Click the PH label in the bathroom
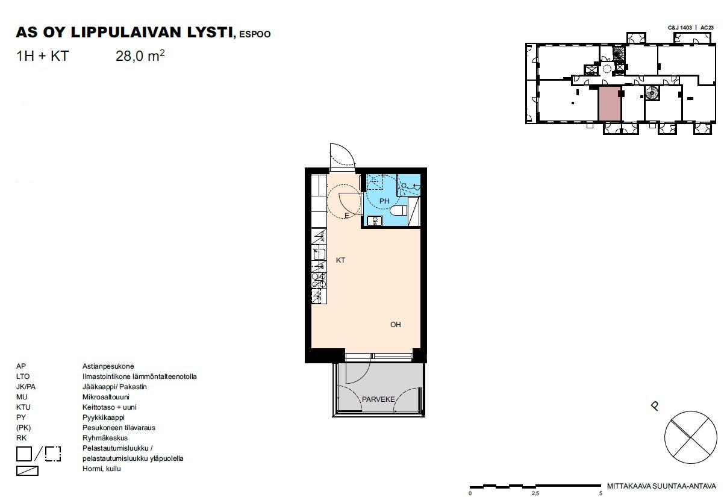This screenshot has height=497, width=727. tap(384, 201)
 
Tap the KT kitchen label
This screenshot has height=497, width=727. tap(340, 260)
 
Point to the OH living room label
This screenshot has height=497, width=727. tap(395, 325)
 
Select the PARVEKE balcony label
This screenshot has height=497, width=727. tap(378, 399)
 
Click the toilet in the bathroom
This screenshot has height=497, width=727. tap(399, 210)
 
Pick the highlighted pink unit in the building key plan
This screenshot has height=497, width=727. tap(610, 104)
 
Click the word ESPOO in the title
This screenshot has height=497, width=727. tap(255, 34)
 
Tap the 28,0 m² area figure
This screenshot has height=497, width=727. tap(140, 55)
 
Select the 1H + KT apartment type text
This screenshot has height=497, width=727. tap(43, 56)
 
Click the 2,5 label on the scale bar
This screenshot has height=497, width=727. tap(535, 493)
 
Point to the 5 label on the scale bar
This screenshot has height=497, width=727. tap(601, 493)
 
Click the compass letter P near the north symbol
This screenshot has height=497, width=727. tap(655, 406)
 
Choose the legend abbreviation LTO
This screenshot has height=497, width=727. tap(23, 377)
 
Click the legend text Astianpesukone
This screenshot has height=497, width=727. tap(108, 366)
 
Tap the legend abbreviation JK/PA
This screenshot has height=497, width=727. tap(26, 387)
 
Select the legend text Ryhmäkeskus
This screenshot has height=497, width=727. tap(105, 438)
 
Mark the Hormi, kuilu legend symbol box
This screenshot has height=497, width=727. tap(27, 470)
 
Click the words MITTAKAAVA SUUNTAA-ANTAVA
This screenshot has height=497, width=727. tap(661, 486)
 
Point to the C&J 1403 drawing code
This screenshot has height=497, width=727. tap(680, 28)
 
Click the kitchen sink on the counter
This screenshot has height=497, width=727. tap(319, 254)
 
